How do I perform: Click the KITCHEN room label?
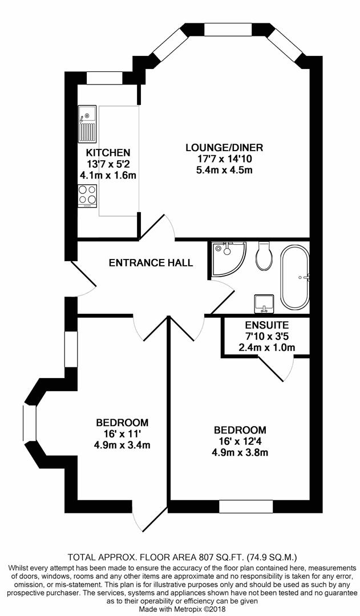tap(108, 152)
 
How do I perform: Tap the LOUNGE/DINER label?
tap(224, 148)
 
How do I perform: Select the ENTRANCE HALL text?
tap(151, 263)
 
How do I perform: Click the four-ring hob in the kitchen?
tap(87, 196)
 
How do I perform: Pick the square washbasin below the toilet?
tap(264, 303)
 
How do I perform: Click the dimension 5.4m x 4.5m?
tap(224, 169)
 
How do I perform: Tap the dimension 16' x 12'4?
tap(240, 441)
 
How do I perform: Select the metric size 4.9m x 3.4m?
tap(122, 444)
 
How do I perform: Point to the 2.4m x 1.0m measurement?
tap(258, 347)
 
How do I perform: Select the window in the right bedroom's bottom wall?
tap(245, 506)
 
